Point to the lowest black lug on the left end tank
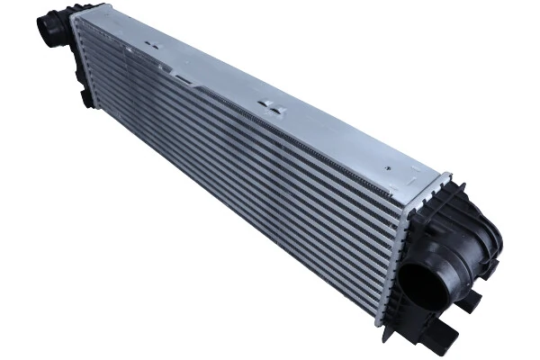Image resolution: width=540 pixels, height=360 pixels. point(86,98)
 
